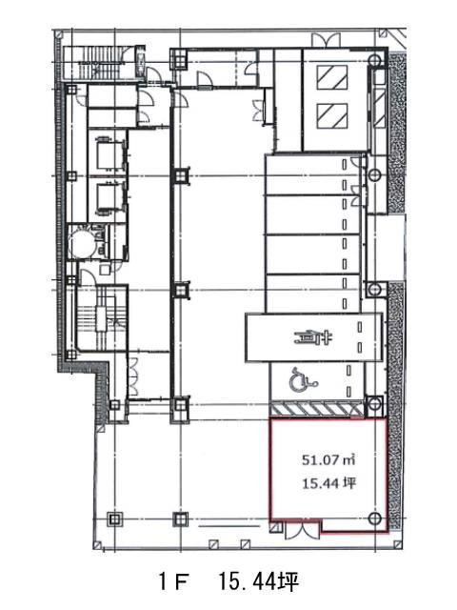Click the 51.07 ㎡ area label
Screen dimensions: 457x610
(328, 460)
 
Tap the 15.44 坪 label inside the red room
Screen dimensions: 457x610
(328, 483)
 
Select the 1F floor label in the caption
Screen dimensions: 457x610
(173, 582)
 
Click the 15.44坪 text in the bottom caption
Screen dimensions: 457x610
(258, 582)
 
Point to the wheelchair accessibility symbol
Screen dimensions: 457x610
(303, 379)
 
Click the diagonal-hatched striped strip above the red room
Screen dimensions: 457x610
(317, 410)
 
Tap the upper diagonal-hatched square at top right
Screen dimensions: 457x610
(332, 77)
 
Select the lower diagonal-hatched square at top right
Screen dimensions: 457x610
(332, 116)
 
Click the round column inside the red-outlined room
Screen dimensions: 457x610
(374, 518)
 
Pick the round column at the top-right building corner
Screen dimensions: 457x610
(374, 60)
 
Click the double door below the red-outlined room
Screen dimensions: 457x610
(302, 530)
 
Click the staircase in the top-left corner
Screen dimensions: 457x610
(98, 64)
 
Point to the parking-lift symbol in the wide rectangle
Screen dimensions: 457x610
(312, 338)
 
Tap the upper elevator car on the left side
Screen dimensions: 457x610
(109, 152)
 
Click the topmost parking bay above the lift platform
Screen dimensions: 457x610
(313, 174)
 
